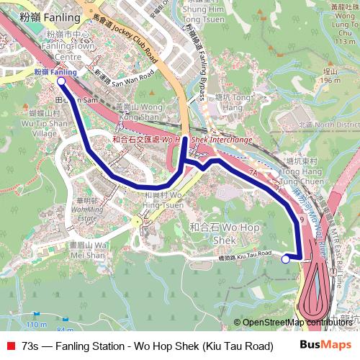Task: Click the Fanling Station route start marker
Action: [x=61, y=81]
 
